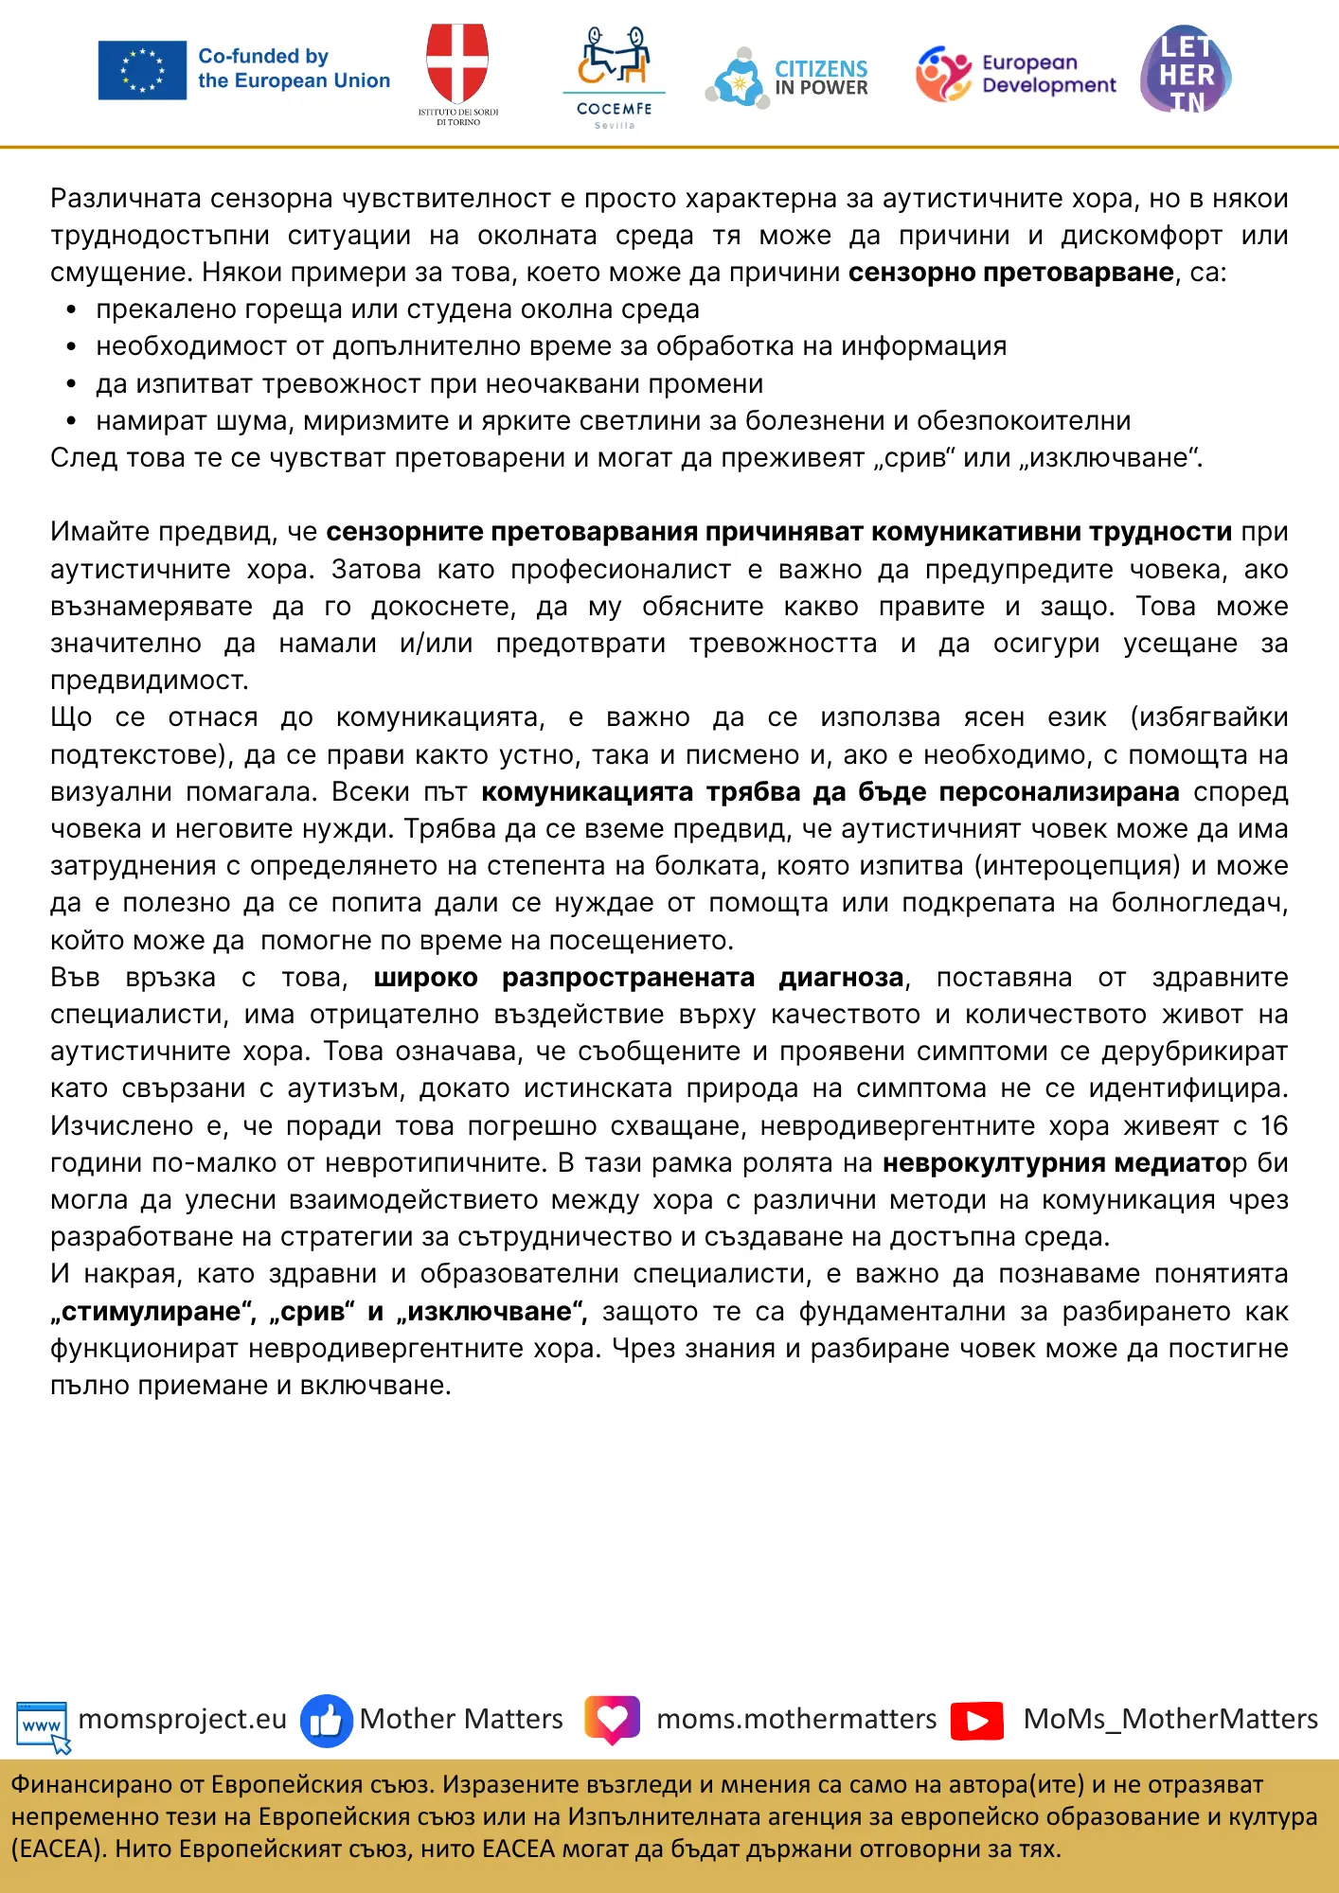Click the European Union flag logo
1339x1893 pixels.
(x=142, y=70)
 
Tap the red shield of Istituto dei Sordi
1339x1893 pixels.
(x=457, y=62)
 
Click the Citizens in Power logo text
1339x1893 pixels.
(x=821, y=79)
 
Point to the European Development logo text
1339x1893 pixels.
(x=1048, y=74)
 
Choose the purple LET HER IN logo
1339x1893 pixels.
(x=1187, y=71)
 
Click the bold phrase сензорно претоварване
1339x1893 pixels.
(x=1010, y=273)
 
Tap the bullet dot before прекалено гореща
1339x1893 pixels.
(x=71, y=310)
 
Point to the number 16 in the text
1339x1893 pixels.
(x=1274, y=1126)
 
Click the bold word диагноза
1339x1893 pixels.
(x=841, y=978)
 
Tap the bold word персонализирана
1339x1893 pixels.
(x=1059, y=792)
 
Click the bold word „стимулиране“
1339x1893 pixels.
(x=153, y=1312)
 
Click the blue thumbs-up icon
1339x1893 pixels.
(x=326, y=1720)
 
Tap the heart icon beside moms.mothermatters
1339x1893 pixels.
(x=612, y=1719)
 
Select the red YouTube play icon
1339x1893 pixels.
(x=977, y=1720)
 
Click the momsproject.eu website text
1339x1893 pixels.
(x=182, y=1719)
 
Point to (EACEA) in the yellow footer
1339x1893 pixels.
(x=56, y=1849)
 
